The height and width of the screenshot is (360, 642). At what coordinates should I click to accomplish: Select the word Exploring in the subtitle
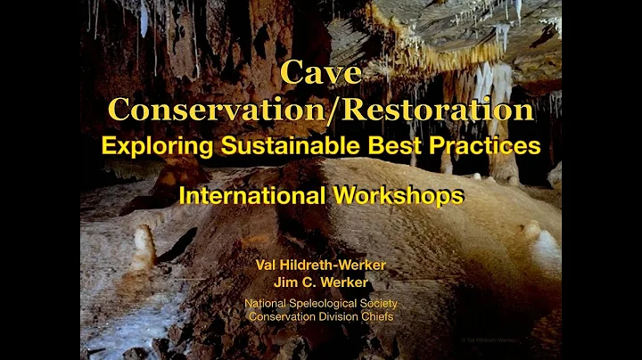tap(152, 145)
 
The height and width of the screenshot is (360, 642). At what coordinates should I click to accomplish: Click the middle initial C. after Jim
tap(307, 283)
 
